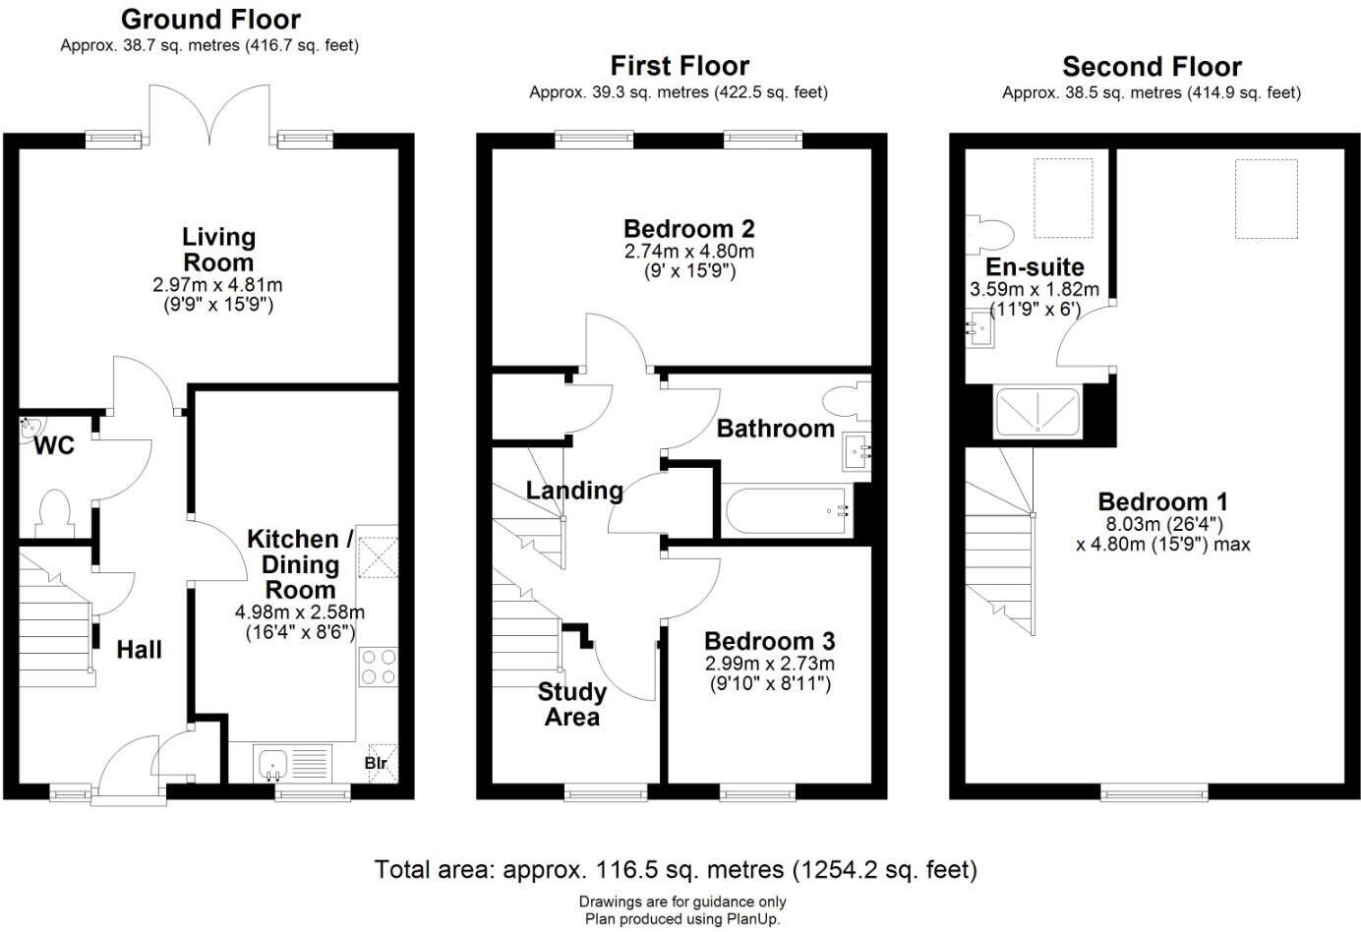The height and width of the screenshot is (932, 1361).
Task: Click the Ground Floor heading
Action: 210,19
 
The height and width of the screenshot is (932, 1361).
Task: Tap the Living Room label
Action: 218,250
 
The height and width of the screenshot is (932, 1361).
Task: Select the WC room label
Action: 54,446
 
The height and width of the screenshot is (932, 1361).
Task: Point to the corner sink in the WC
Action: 29,426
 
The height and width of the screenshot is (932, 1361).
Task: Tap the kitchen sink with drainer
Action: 292,763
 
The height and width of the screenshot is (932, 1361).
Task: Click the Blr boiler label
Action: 376,763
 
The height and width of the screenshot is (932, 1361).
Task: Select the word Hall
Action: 139,649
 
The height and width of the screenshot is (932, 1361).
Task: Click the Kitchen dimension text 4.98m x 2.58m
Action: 300,612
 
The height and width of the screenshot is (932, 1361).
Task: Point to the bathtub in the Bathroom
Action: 787,510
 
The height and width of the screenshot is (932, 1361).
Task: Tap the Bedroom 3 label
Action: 769,641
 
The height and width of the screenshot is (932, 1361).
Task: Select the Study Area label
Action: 571,704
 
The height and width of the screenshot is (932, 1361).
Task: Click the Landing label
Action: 574,490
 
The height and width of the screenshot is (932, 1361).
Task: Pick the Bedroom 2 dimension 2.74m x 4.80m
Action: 689,252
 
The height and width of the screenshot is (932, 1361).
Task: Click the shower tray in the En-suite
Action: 1037,412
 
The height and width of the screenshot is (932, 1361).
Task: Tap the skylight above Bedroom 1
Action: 1266,199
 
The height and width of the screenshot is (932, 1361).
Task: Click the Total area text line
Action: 676,870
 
